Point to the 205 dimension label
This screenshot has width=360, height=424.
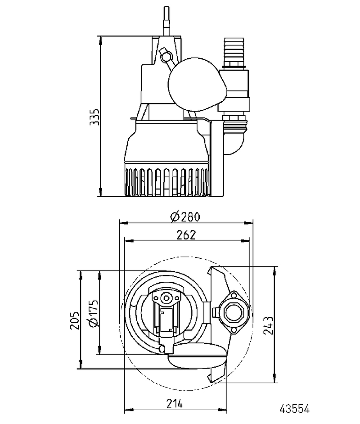point(75,320)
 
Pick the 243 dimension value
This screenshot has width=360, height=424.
point(269,325)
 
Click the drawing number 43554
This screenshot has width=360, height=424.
point(294,409)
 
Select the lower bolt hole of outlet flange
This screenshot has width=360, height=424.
point(234,330)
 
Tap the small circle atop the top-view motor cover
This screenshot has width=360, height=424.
point(166,298)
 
